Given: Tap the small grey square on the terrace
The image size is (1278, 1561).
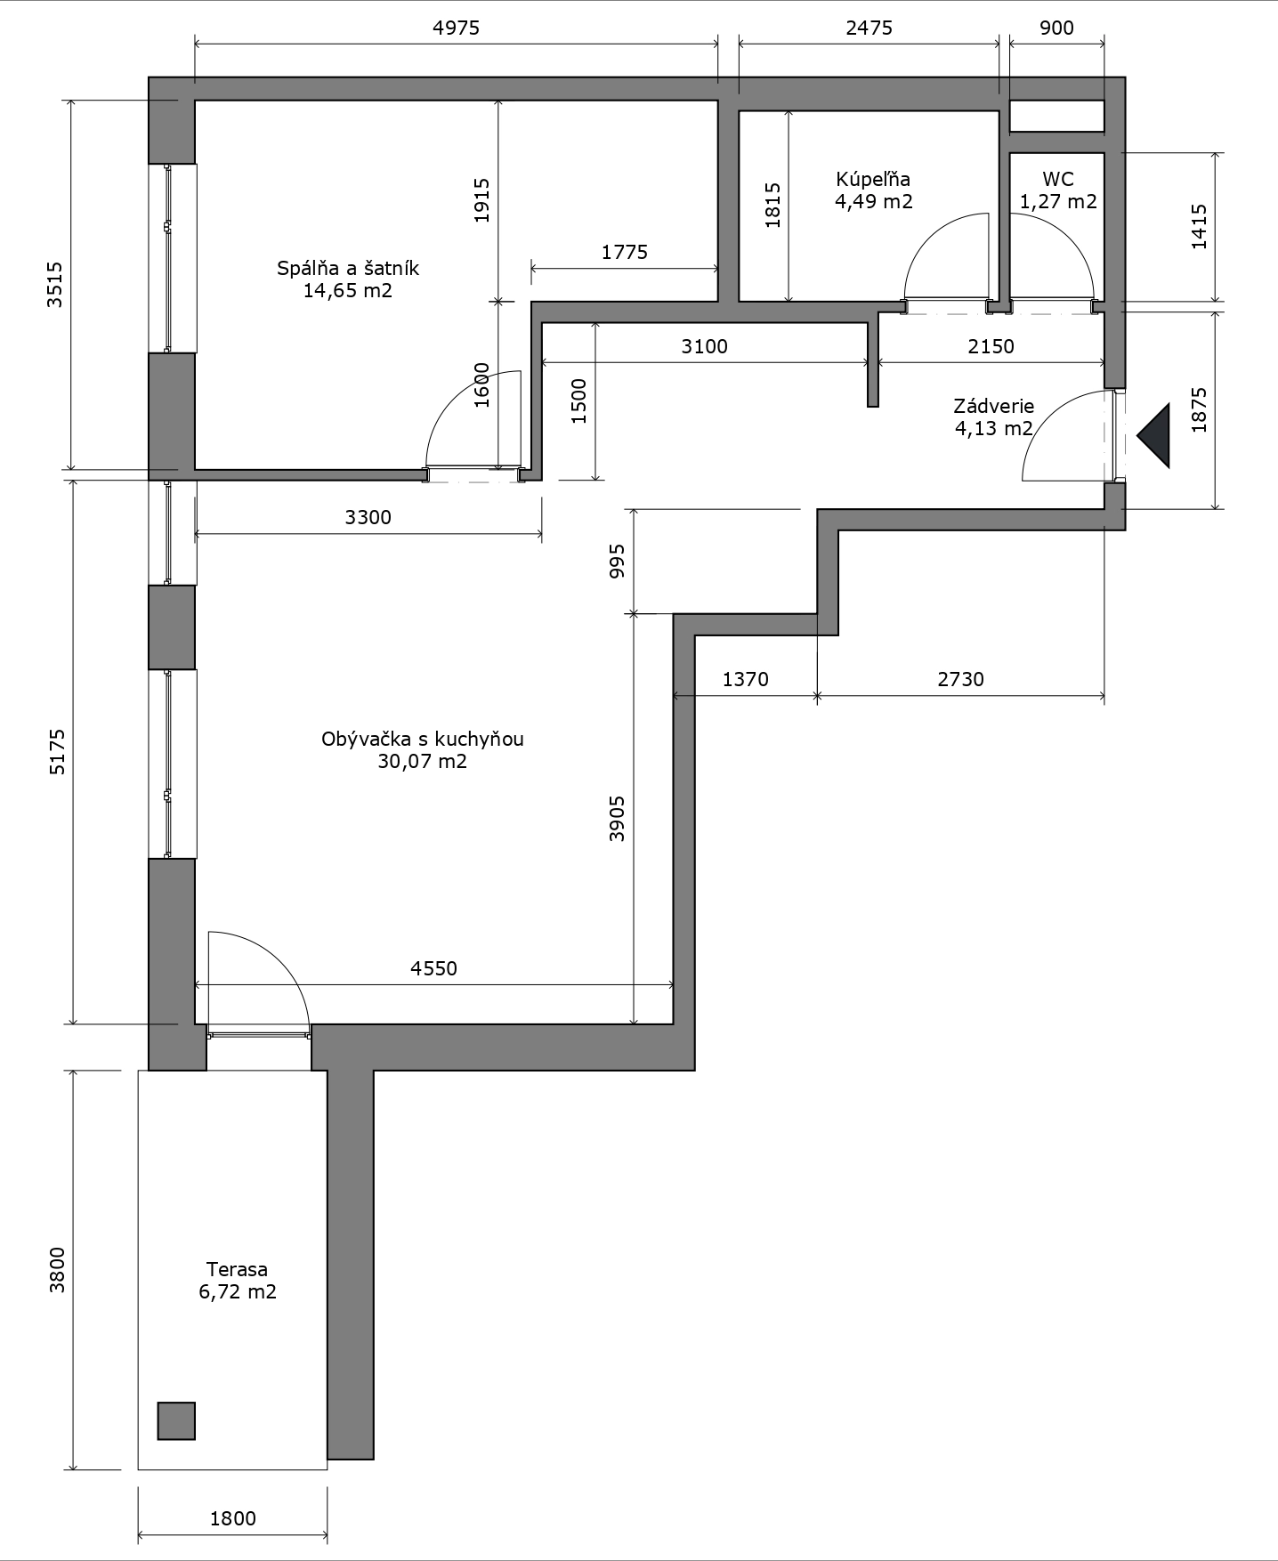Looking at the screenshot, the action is [176, 1420].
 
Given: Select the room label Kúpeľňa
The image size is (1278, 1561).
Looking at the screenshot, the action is [873, 179].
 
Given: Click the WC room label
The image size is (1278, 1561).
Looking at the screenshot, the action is [1058, 179].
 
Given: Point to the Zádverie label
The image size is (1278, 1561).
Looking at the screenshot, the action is [994, 406].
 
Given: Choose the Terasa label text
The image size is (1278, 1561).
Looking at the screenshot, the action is [237, 1269].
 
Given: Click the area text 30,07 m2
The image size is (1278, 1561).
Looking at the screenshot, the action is [423, 761].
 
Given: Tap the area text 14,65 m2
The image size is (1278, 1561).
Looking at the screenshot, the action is [348, 290].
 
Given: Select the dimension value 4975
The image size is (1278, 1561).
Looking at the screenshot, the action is [457, 28].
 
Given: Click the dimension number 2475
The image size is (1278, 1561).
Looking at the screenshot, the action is [870, 28].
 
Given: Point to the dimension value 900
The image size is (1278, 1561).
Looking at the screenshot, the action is [1056, 28].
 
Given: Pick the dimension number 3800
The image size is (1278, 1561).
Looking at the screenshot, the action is [57, 1270].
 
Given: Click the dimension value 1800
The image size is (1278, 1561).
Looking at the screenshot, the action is [233, 1518].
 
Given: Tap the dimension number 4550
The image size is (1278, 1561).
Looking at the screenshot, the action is [434, 968].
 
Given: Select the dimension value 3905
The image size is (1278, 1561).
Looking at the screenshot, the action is [617, 819].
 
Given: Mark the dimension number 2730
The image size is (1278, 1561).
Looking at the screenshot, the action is [961, 679].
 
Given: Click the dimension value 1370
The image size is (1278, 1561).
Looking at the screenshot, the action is [746, 679].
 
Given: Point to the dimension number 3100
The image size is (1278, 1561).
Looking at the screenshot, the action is [705, 346].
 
